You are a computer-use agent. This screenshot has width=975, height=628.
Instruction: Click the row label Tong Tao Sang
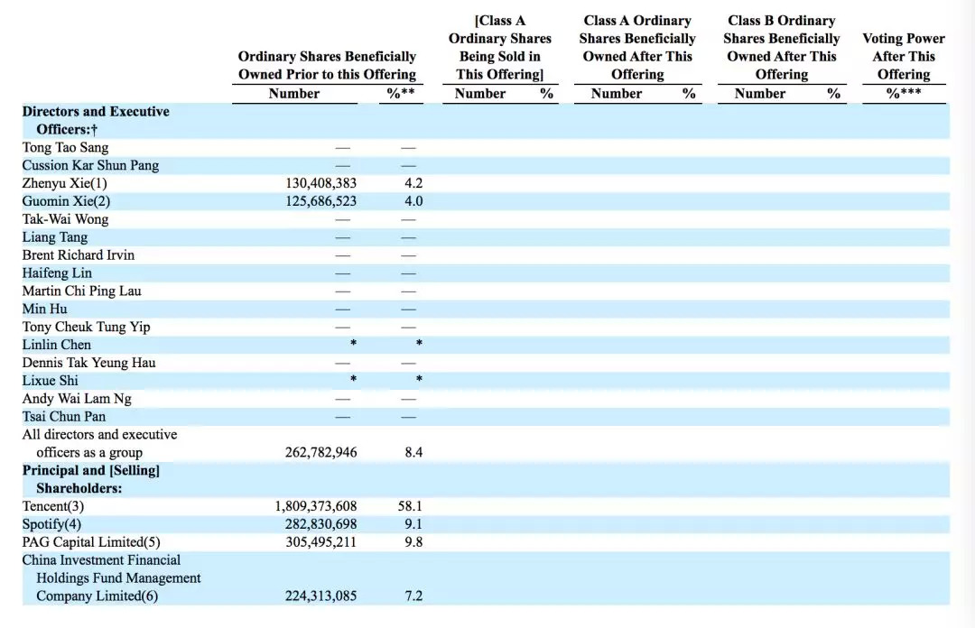[65, 147]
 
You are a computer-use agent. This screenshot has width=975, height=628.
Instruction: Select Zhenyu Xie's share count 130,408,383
[320, 183]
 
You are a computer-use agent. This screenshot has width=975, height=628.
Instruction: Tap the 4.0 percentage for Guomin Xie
[413, 201]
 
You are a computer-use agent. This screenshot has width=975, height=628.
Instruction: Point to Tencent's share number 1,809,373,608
[315, 506]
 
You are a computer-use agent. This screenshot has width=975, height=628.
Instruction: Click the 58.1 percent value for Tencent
[411, 506]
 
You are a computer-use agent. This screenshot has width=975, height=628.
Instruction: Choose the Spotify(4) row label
[51, 524]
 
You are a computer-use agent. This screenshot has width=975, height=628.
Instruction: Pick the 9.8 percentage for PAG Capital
[413, 542]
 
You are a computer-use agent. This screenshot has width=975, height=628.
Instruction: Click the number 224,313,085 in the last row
[320, 596]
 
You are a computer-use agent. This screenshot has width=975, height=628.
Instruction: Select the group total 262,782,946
[320, 452]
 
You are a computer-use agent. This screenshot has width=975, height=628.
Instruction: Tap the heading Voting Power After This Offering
[903, 56]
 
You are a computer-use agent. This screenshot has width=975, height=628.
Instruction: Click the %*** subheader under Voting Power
[903, 93]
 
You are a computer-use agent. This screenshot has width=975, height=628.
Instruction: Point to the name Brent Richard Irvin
[79, 255]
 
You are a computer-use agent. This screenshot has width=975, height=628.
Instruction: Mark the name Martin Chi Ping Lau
[81, 291]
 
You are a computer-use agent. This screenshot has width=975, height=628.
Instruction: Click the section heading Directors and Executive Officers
[95, 120]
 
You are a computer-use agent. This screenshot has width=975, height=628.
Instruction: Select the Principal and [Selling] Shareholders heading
[90, 479]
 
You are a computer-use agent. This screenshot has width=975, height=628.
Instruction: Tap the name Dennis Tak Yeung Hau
[88, 363]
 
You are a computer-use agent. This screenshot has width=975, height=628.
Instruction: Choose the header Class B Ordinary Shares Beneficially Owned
[781, 47]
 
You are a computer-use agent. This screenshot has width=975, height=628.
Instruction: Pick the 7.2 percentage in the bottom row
[413, 596]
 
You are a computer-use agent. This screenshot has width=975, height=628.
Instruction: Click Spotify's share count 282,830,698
[320, 524]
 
